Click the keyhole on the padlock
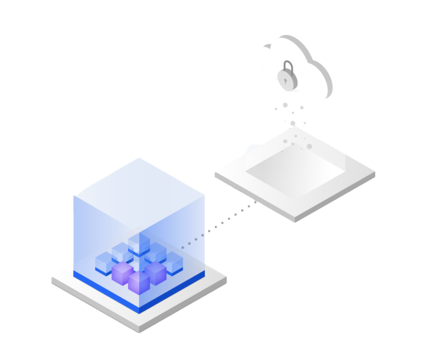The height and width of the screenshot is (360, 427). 288,79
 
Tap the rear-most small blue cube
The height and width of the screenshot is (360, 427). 139,243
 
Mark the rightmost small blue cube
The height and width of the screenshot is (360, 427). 172,263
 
